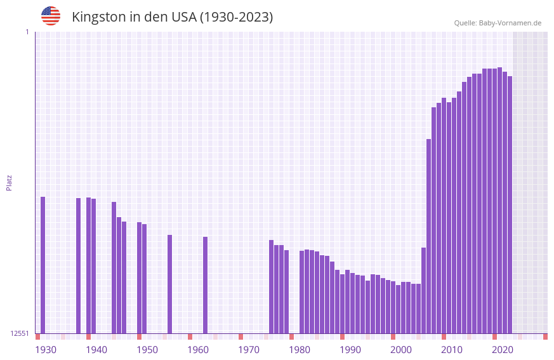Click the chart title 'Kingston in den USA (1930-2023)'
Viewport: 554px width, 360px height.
[x=172, y=17]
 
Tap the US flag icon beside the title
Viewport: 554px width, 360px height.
[x=51, y=16]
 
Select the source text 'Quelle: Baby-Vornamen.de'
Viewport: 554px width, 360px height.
[x=498, y=23]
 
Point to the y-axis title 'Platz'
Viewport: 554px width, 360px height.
[x=9, y=182]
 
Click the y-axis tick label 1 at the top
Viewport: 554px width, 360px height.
[x=27, y=32]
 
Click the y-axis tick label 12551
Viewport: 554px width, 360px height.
[x=20, y=333]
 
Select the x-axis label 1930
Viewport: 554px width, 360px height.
[x=46, y=350]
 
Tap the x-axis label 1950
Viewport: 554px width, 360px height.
[x=147, y=350]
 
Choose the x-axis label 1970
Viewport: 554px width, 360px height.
[x=249, y=350]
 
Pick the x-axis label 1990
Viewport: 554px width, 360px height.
[x=350, y=350]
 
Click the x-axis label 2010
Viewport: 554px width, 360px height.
[x=452, y=350]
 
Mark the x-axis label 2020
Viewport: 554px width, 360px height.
[x=503, y=350]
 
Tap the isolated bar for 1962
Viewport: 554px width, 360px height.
[x=206, y=285]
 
